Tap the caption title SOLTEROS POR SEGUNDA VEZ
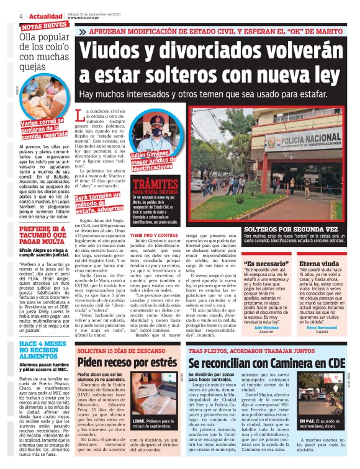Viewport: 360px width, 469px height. coord(285,229)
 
